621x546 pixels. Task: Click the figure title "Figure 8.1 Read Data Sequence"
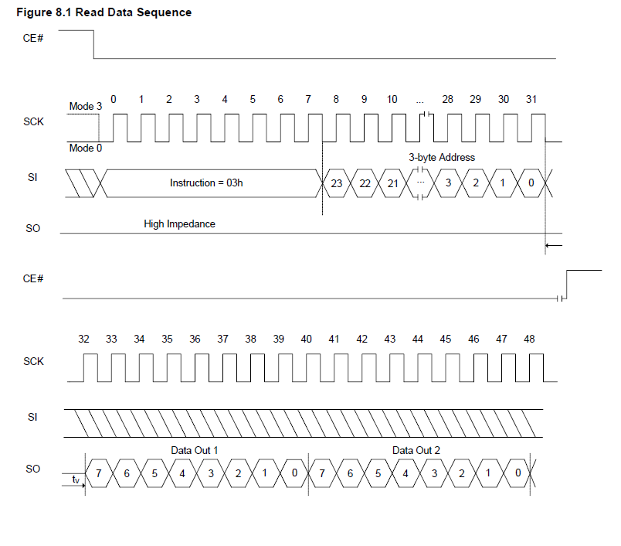[103, 12]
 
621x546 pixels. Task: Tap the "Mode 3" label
[86, 106]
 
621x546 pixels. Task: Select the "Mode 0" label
[86, 148]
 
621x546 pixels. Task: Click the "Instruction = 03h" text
[206, 183]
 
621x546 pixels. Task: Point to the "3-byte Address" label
[442, 158]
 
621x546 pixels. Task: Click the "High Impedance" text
[179, 224]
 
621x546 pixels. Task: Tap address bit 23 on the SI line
[337, 183]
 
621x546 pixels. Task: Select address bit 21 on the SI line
[392, 183]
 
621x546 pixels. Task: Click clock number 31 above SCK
[531, 99]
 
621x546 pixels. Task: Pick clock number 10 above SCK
[392, 99]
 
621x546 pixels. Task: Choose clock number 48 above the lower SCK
[529, 339]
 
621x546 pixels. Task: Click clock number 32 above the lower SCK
[83, 339]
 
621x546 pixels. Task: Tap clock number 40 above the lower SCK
[306, 339]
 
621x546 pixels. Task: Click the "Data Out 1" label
[194, 450]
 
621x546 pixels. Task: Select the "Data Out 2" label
[416, 450]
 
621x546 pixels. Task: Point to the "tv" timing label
[76, 479]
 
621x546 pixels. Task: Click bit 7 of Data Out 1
[99, 473]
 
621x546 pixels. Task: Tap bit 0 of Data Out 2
[517, 473]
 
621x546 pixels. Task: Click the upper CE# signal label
[33, 38]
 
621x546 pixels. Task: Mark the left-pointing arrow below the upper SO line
[554, 245]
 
